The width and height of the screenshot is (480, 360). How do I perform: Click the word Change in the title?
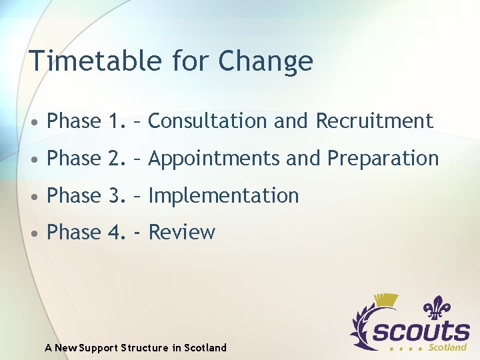(265, 61)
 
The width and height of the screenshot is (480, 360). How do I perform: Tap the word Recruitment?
(374, 121)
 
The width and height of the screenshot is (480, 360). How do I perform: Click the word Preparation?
(383, 159)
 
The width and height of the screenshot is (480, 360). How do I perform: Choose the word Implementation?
(223, 195)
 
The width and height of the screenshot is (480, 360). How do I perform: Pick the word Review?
(181, 232)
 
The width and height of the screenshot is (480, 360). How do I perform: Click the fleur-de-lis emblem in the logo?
(437, 310)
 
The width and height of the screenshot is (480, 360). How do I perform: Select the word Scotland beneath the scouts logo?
(447, 347)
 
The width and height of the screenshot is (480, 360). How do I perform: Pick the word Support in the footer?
(100, 347)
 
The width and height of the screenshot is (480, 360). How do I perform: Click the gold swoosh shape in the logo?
(385, 301)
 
